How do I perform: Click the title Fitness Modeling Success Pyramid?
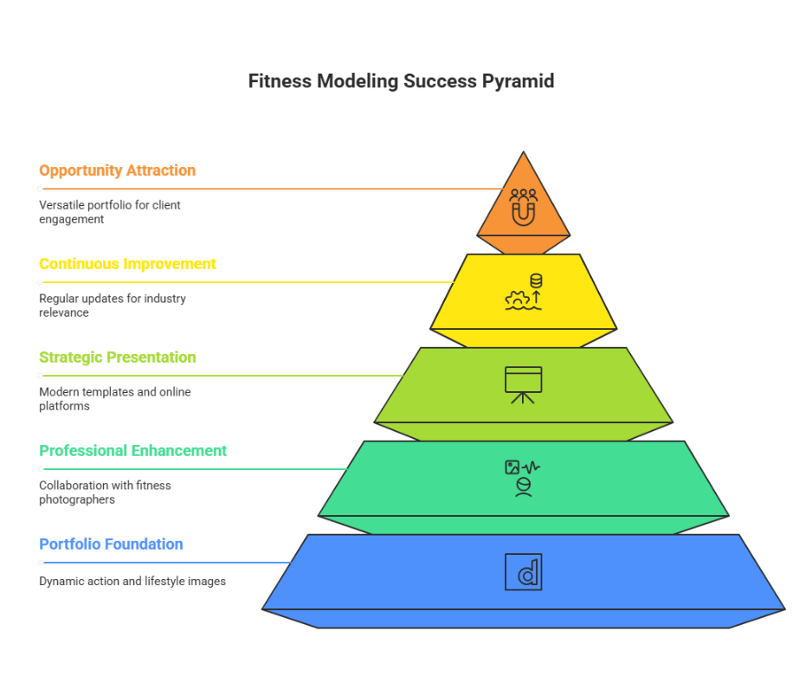click(401, 81)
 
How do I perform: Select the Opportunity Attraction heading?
click(118, 171)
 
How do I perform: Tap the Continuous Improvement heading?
click(127, 264)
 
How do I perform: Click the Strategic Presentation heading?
click(118, 357)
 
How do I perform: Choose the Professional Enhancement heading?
click(133, 451)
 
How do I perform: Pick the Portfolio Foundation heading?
click(112, 544)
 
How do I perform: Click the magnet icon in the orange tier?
click(523, 214)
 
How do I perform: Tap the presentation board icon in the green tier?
click(523, 385)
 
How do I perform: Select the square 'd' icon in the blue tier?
click(524, 572)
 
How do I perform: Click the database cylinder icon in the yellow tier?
click(536, 281)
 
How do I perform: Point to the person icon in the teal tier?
click(524, 487)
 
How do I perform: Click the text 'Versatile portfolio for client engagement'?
click(110, 212)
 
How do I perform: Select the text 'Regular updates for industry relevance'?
click(113, 306)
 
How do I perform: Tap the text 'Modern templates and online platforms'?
click(115, 399)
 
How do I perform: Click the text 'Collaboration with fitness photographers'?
click(105, 493)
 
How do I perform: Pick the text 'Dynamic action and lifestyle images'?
click(132, 582)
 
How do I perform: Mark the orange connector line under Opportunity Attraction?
click(272, 189)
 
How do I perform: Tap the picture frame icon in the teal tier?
click(512, 467)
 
